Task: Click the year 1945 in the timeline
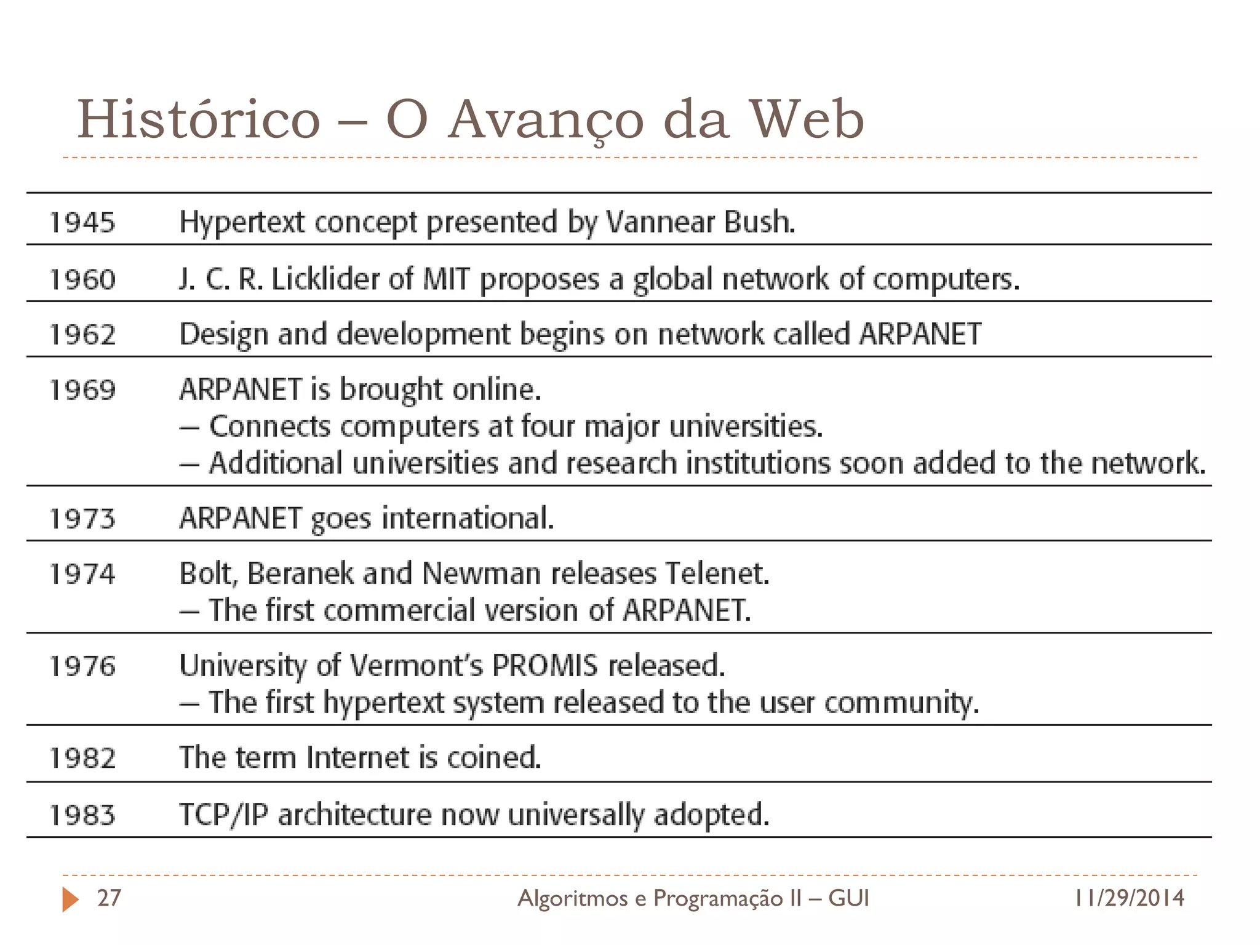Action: point(82,222)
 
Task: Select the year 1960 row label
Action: point(82,279)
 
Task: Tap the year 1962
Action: point(82,335)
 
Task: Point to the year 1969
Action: point(82,390)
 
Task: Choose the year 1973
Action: point(82,519)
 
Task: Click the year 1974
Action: point(82,574)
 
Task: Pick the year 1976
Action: point(82,666)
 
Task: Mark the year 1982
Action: point(82,758)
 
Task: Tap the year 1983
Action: point(82,815)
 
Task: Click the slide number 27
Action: point(109,898)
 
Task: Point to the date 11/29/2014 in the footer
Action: point(1129,898)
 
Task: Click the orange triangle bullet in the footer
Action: point(70,899)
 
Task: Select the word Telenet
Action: point(717,574)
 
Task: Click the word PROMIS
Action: point(544,666)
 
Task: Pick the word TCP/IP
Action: point(223,815)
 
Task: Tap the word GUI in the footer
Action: point(848,898)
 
